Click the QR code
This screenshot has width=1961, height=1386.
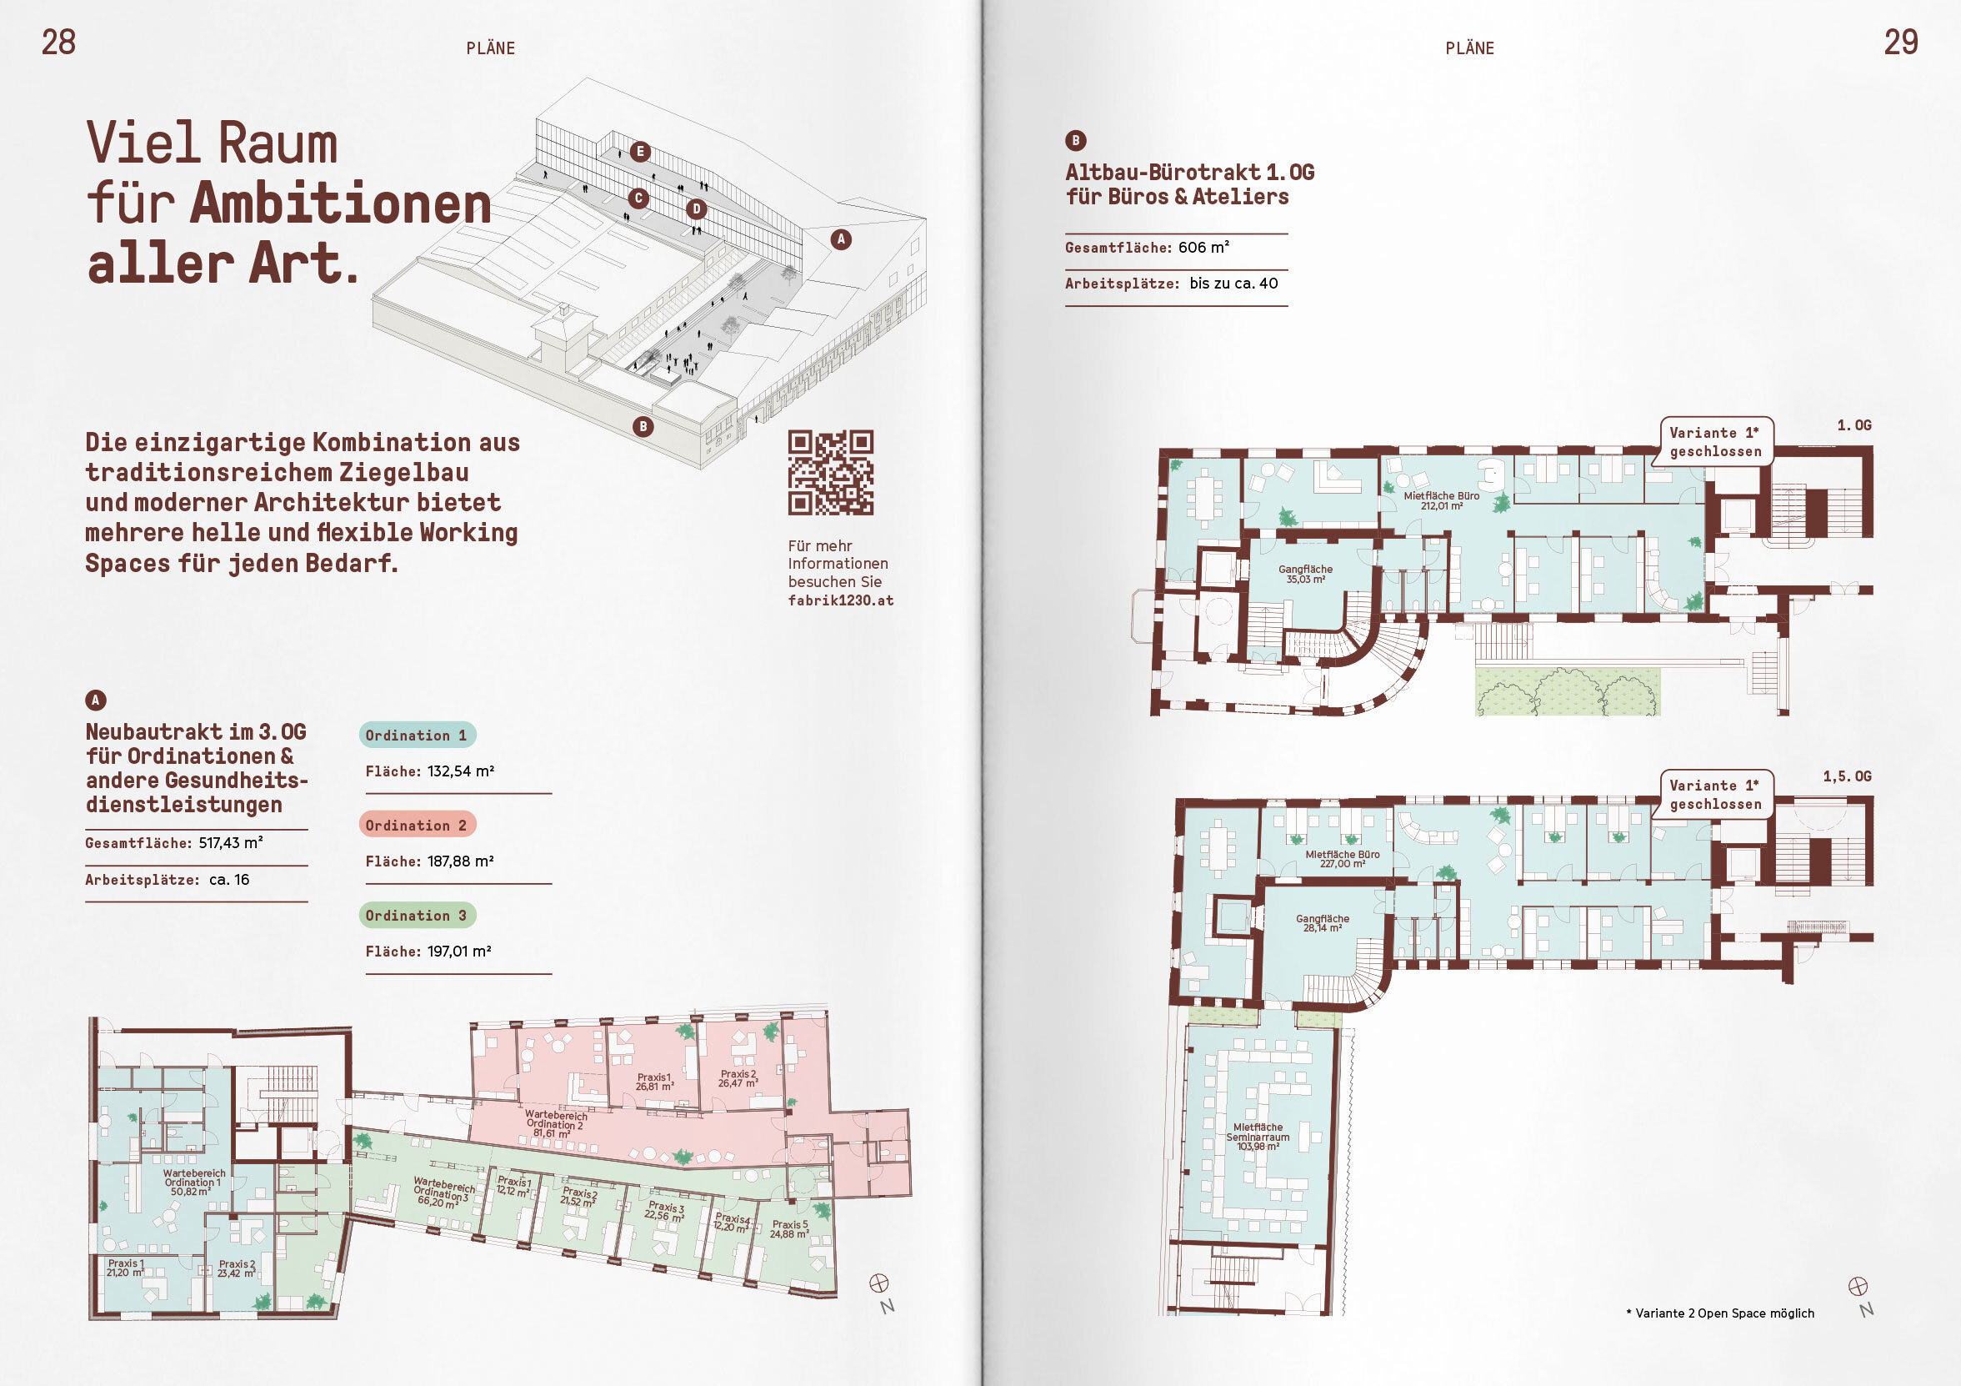click(830, 473)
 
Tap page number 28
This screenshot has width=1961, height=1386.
click(59, 42)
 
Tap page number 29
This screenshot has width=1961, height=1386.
click(1901, 42)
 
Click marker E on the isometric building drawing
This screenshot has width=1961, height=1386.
click(640, 152)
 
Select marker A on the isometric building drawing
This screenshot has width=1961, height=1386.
click(841, 239)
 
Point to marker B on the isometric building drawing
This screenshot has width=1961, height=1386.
click(643, 426)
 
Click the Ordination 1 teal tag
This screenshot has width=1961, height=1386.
click(417, 735)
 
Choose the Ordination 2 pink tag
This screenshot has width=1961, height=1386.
click(417, 825)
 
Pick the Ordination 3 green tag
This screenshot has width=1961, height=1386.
click(417, 915)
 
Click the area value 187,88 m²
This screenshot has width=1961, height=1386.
click(460, 861)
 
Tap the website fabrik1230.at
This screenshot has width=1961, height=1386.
click(840, 600)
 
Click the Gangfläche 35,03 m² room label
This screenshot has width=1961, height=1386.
click(1305, 575)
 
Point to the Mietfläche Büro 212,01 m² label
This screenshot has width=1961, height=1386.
click(1442, 500)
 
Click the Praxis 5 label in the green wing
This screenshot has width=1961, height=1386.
click(789, 1228)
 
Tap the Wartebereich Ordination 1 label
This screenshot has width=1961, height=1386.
click(193, 1183)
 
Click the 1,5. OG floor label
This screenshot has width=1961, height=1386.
click(1847, 776)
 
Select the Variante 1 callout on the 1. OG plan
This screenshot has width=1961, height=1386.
click(1715, 442)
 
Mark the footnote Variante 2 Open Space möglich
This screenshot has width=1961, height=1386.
click(1720, 1313)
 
